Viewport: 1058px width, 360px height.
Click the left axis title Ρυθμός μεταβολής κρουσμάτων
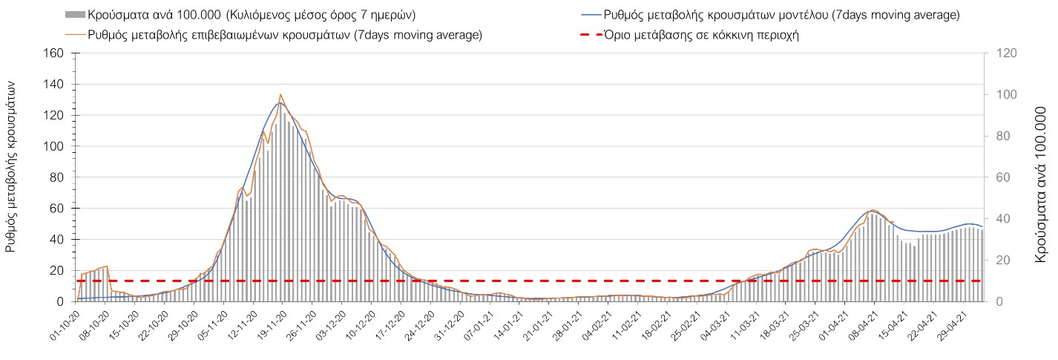click(12, 166)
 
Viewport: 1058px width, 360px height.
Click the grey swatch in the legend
click(75, 14)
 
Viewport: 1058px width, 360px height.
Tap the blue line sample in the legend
click(589, 14)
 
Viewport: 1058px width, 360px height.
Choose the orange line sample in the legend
click(75, 34)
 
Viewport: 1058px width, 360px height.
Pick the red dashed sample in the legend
click(589, 34)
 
